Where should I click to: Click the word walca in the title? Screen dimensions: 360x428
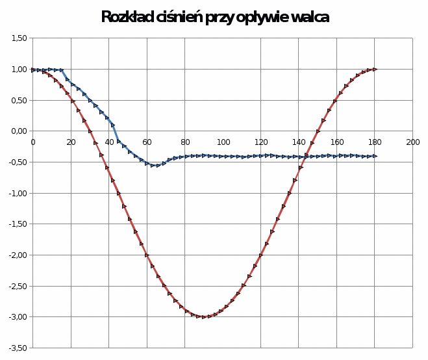(x=308, y=18)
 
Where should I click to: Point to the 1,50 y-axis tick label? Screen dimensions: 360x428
(x=19, y=38)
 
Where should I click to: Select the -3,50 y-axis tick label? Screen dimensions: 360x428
(x=18, y=348)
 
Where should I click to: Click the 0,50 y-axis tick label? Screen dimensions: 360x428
(x=19, y=100)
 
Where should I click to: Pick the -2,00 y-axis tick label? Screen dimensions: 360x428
(x=18, y=255)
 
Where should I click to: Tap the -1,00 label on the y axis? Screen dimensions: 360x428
(x=18, y=193)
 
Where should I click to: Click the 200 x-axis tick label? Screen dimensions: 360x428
(x=413, y=141)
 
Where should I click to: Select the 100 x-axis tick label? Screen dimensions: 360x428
(x=223, y=141)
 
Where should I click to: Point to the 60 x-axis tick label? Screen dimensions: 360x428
(x=147, y=141)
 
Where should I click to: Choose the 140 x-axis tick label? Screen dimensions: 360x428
(x=299, y=141)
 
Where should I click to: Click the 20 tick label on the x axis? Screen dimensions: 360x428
(x=71, y=141)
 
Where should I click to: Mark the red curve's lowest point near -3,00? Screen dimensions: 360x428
(x=204, y=317)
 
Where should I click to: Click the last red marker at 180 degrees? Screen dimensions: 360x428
(x=375, y=69)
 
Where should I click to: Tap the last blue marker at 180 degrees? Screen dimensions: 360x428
(x=375, y=156)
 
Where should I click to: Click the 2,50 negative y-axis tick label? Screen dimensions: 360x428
(x=18, y=286)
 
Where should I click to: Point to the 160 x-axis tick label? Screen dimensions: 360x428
(x=337, y=141)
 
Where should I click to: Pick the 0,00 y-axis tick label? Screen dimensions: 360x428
(x=19, y=131)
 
